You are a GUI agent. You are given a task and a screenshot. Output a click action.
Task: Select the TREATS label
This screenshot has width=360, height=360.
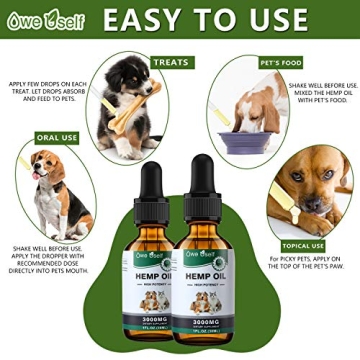171,62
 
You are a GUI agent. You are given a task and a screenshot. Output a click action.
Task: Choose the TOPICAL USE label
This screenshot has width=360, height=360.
304,246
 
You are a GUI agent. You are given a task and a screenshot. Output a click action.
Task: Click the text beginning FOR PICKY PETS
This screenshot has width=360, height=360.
304,265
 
